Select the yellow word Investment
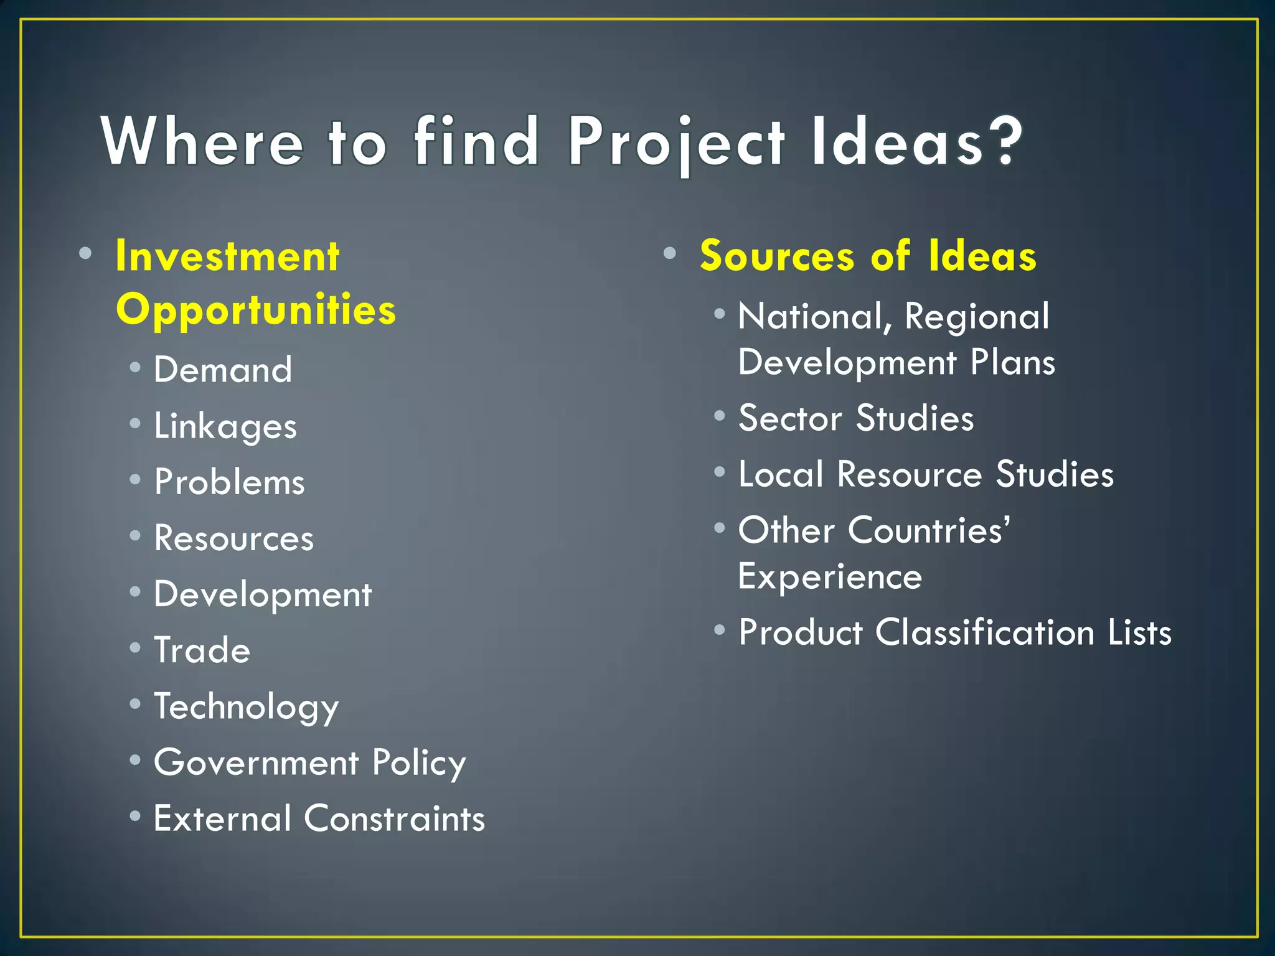[227, 256]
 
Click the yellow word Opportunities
[256, 309]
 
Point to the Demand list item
[223, 370]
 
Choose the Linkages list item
[225, 426]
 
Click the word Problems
[230, 482]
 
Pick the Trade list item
[202, 650]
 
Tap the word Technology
[247, 707]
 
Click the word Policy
[419, 763]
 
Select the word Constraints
[394, 818]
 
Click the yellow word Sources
[777, 256]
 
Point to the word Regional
[977, 316]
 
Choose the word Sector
[790, 418]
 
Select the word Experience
[830, 576]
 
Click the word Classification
[985, 632]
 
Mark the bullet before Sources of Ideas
[669, 253]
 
